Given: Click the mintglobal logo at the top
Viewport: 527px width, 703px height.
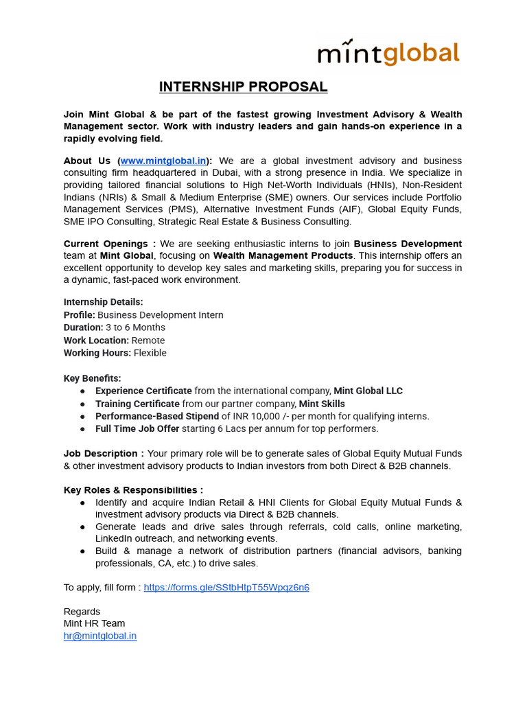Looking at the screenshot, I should (x=388, y=53).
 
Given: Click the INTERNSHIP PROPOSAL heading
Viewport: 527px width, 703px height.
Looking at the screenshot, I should (x=243, y=87).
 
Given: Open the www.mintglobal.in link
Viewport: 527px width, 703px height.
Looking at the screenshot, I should (x=163, y=161).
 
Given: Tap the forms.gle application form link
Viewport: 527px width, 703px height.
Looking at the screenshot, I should (x=226, y=588).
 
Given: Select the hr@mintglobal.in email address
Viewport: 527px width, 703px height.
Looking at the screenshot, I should (x=100, y=636).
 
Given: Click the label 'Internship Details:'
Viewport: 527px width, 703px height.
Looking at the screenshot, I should (x=103, y=302).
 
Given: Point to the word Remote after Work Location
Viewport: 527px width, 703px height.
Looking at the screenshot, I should (x=148, y=341).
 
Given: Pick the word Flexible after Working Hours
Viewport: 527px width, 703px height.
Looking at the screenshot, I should (x=150, y=353).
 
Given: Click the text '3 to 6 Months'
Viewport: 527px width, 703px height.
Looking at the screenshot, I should (x=135, y=327).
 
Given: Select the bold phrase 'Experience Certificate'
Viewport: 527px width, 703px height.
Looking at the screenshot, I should (x=143, y=391).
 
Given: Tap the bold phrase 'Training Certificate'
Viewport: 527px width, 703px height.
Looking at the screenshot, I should (x=137, y=404).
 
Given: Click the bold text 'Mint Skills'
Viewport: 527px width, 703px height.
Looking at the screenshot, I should (x=322, y=404).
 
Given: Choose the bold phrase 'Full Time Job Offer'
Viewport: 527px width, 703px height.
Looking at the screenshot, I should (x=137, y=428).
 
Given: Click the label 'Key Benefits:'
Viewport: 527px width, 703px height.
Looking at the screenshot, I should (x=92, y=378).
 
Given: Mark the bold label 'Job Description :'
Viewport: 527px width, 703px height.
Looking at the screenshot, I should (x=104, y=454).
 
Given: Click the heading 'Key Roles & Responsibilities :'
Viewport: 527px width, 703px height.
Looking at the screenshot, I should (x=133, y=490).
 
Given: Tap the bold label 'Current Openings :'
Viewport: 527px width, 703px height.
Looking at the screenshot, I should (x=109, y=244).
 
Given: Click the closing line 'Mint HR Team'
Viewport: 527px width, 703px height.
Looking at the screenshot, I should (x=94, y=623).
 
